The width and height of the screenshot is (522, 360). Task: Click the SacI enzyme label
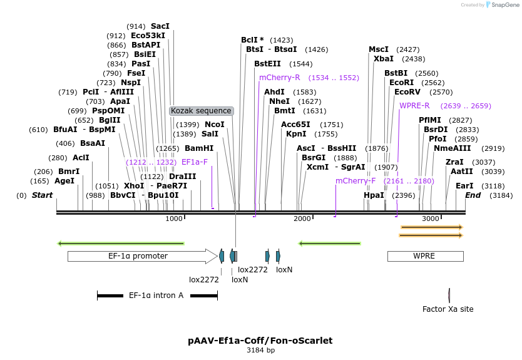point(160,26)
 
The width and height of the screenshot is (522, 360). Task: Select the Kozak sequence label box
point(202,111)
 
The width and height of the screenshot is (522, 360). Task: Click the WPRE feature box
point(424,256)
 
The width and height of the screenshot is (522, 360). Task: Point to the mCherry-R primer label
point(280,78)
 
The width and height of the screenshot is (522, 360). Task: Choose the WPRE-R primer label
point(414,106)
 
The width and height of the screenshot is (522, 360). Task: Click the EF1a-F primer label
point(195,162)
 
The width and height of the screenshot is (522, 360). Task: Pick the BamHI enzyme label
point(199,148)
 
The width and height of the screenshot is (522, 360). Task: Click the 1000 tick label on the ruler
point(174,219)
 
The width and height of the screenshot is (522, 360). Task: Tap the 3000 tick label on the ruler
point(431,219)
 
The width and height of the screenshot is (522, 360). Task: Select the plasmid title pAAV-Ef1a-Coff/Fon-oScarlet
point(260,341)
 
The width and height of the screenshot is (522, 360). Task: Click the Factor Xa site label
point(448,309)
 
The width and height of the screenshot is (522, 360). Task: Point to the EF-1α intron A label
point(156,295)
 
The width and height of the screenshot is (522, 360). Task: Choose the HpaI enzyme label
point(374,195)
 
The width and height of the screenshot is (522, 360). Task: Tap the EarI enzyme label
point(464,186)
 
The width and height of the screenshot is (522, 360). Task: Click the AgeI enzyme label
point(64,181)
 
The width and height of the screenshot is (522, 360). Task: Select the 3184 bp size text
point(260,351)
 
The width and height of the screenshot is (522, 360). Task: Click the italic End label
point(473,195)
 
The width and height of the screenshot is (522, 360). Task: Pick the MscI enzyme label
point(379,49)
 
